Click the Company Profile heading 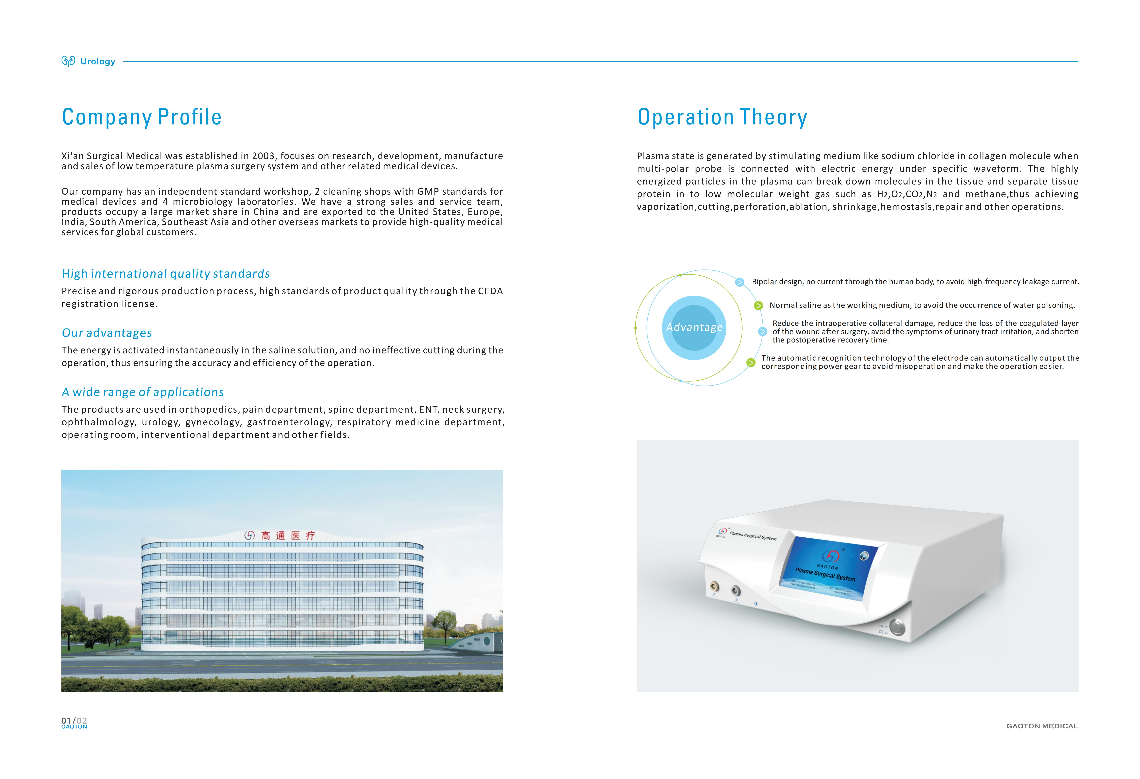142,117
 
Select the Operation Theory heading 722,117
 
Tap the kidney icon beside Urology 68,61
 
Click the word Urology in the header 98,61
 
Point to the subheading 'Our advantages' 107,333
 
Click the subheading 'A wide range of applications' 143,392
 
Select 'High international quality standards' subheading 166,273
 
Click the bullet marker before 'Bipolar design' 739,282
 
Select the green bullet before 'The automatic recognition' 751,362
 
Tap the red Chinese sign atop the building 281,536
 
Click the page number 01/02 74,721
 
